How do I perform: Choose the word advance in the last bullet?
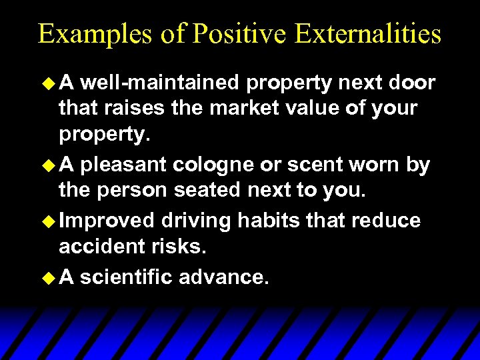pyautogui.click(x=223, y=277)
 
